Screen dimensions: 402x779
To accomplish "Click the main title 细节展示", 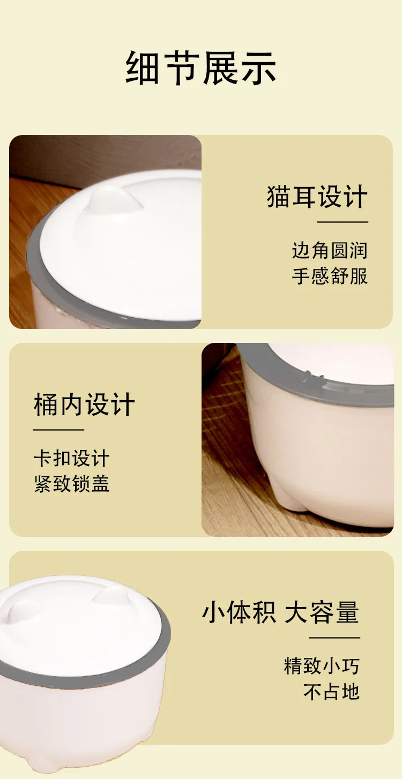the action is tap(201, 68).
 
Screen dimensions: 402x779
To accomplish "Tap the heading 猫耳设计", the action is tap(317, 197).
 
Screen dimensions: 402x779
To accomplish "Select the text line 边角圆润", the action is tap(330, 250).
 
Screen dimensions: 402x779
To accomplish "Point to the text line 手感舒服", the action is tap(330, 276).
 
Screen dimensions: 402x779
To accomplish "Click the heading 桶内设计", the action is tap(84, 405).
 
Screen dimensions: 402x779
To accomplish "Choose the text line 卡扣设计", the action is tap(72, 458).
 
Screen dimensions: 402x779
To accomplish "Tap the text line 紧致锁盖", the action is tap(72, 484).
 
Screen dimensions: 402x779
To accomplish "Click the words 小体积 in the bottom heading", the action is tap(239, 612).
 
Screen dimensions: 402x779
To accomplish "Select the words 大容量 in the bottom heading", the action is tap(322, 612).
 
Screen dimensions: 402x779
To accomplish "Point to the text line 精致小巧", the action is tap(322, 666).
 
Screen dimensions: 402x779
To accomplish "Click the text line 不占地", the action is tap(331, 691).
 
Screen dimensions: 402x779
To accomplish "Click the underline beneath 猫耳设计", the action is tap(343, 222).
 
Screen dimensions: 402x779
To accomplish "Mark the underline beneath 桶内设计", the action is tap(59, 430).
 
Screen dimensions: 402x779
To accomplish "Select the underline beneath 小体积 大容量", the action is tap(334, 638).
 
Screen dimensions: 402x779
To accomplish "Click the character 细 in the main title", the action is tap(143, 68).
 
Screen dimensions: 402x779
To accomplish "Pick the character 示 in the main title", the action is tap(259, 68).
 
